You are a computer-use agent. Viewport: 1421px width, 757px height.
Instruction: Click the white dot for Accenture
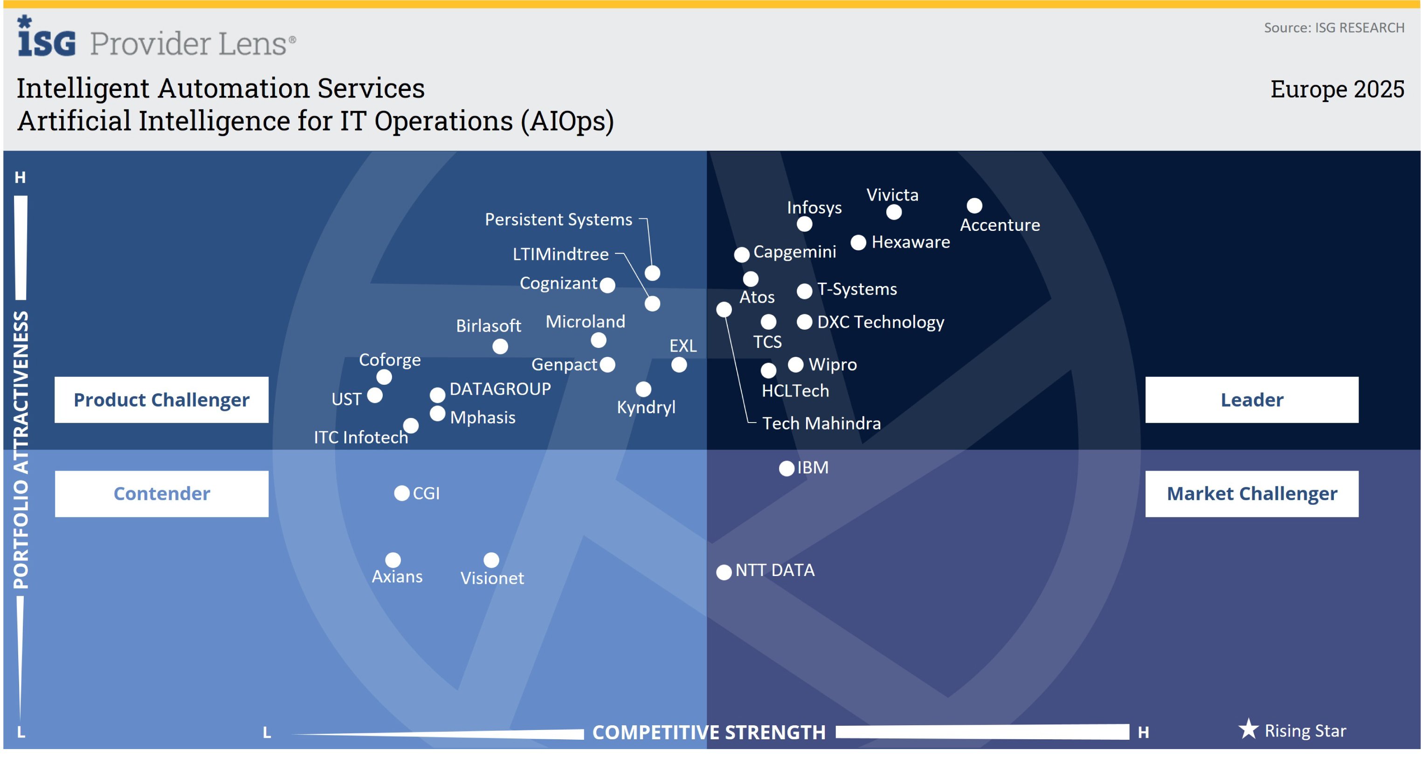point(974,206)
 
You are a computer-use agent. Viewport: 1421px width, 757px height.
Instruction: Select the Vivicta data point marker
point(894,212)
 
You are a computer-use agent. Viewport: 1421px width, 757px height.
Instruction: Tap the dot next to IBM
point(786,468)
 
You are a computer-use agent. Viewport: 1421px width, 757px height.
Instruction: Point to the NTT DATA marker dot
point(724,572)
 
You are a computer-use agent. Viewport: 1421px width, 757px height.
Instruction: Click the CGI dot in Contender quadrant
point(401,493)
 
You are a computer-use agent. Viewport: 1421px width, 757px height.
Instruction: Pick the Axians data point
point(393,560)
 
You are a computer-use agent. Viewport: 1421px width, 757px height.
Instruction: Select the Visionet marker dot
point(491,560)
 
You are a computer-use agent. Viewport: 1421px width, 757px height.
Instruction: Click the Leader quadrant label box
point(1251,400)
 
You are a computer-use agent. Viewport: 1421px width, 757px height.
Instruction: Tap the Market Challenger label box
point(1251,494)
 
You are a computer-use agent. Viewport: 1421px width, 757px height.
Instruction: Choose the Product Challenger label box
point(161,400)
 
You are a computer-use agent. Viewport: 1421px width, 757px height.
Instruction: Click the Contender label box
point(161,494)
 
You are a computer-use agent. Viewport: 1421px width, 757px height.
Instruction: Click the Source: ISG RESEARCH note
point(1333,28)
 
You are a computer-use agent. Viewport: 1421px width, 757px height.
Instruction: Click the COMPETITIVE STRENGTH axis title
point(708,732)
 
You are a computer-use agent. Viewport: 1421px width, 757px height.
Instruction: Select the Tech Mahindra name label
point(821,423)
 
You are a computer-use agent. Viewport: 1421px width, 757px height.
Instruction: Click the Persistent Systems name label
point(558,220)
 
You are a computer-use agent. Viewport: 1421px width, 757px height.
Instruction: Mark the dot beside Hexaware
point(858,243)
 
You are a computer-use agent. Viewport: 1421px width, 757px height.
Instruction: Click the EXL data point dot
point(678,365)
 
